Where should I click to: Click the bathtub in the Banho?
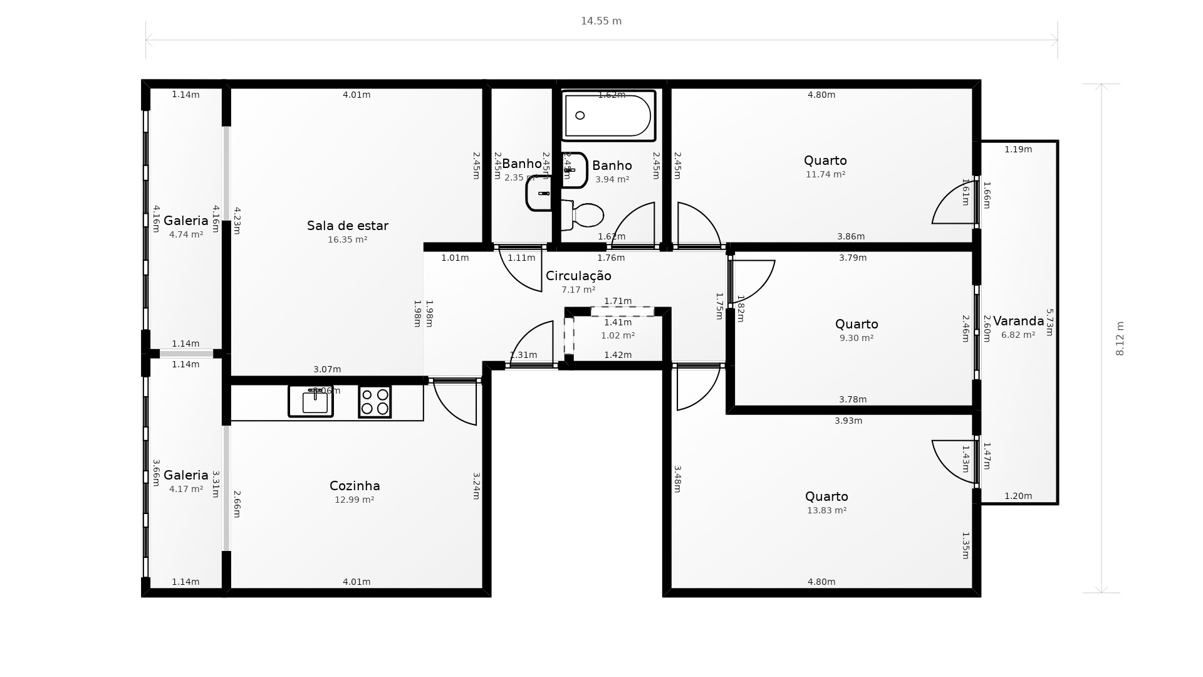click(x=608, y=115)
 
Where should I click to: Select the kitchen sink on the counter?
click(x=311, y=401)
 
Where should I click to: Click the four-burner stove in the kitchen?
click(x=375, y=402)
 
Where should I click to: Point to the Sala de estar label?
click(x=348, y=226)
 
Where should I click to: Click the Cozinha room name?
click(x=355, y=486)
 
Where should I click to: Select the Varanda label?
click(x=1018, y=322)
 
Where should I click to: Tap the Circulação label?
click(x=578, y=276)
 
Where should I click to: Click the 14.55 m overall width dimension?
click(x=601, y=21)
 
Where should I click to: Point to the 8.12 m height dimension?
click(x=1120, y=338)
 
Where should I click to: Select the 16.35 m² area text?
click(x=348, y=239)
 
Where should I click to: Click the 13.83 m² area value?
click(x=826, y=510)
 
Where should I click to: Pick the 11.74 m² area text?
click(x=825, y=174)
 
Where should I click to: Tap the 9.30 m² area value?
click(x=857, y=338)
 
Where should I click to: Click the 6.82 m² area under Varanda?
click(x=1018, y=335)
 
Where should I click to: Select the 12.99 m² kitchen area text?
click(x=355, y=500)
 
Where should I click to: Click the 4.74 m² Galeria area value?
click(x=186, y=234)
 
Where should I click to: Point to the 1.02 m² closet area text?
click(x=618, y=335)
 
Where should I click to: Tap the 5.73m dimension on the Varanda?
click(x=1050, y=322)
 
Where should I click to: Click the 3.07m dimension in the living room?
click(x=327, y=369)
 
